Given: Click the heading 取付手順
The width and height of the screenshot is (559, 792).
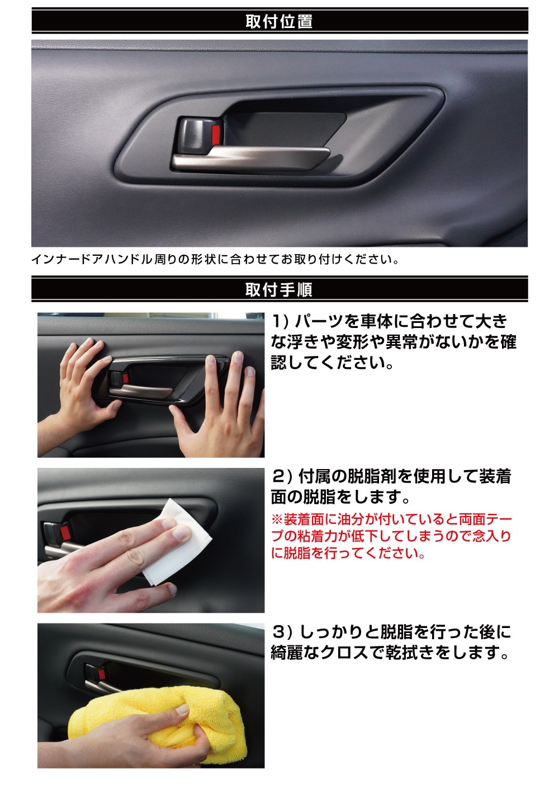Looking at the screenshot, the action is point(279,289).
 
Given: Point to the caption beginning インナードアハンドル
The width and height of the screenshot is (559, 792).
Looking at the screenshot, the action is point(215,260).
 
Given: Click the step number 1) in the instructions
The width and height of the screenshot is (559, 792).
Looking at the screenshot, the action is point(281,321).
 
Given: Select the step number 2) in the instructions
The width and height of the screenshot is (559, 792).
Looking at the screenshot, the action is point(282,476).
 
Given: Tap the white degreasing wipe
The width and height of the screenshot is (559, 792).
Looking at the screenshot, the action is point(177,545).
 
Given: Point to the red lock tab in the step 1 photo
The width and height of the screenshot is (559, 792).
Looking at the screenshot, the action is point(126,378).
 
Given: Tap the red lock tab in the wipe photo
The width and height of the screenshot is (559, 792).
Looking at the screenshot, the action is point(64,531).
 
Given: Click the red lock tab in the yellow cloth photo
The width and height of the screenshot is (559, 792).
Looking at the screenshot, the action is point(102,674).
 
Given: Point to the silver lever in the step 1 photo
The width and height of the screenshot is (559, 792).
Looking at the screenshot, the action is point(141,391).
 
